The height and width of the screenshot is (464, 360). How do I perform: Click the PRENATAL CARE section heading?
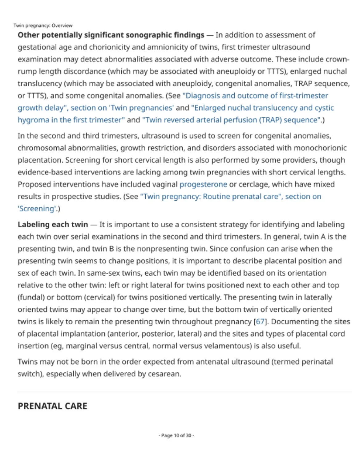pos(52,406)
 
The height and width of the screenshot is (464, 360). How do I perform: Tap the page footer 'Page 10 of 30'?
pos(176,435)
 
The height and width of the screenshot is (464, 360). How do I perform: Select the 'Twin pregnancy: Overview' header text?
pos(43,26)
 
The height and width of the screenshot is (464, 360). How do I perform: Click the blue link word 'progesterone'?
pos(203,184)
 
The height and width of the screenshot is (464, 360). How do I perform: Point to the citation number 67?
pos(260,322)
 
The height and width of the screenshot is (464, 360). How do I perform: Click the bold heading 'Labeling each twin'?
pos(53,224)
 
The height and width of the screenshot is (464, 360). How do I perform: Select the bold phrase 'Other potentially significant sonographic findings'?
pos(111,35)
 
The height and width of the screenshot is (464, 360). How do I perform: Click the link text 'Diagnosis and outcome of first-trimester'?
pos(256,96)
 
